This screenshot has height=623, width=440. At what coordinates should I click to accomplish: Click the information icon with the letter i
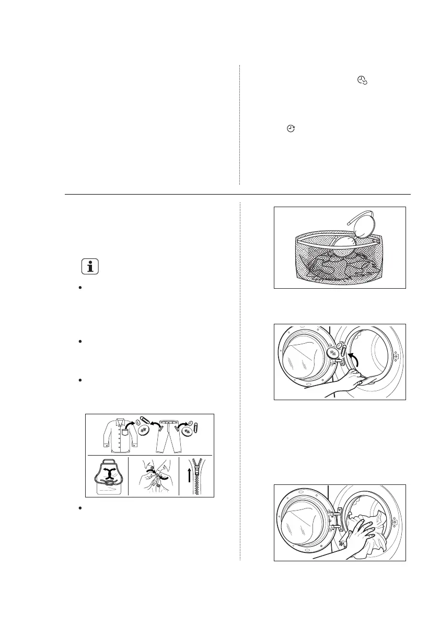(x=91, y=267)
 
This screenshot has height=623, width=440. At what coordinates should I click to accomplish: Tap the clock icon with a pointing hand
(x=362, y=81)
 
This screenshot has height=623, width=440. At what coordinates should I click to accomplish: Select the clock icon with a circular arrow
(x=290, y=128)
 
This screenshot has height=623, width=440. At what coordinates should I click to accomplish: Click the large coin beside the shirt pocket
(x=141, y=434)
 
